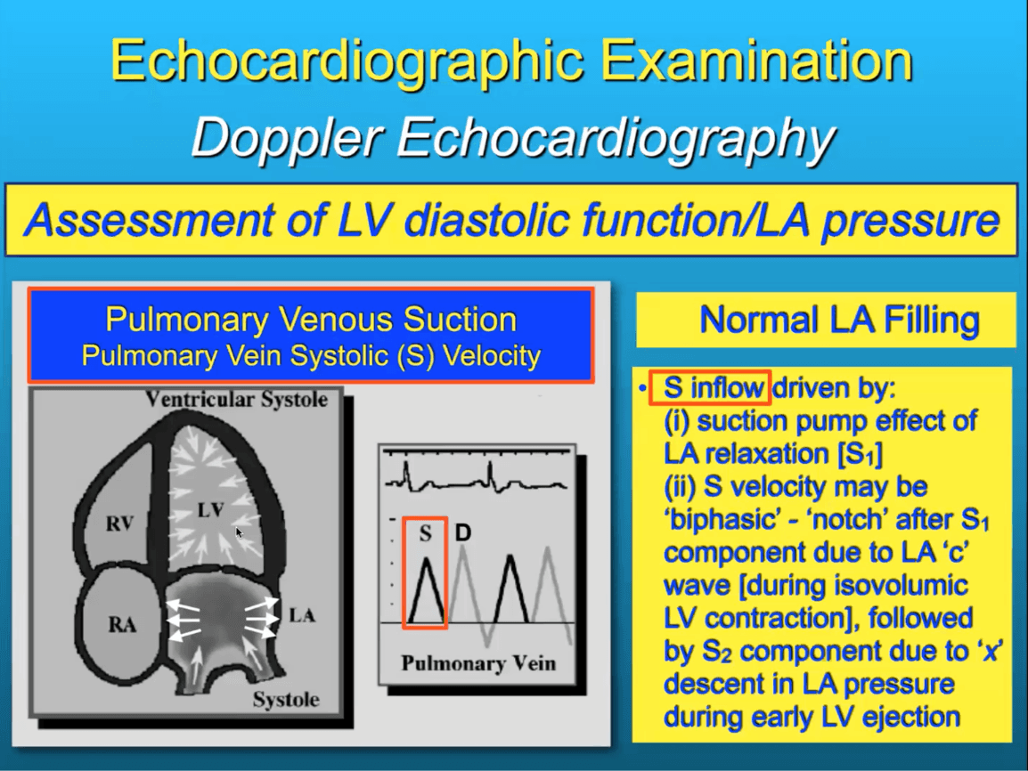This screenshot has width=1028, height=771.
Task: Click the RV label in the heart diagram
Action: (x=119, y=523)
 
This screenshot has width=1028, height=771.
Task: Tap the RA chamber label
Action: (x=122, y=624)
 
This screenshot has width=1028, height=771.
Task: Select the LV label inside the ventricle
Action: (x=210, y=509)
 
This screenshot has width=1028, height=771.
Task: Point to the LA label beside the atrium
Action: (x=302, y=615)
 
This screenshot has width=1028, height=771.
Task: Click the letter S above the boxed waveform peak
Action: (x=425, y=534)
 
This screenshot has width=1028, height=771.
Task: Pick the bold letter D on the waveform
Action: (x=463, y=532)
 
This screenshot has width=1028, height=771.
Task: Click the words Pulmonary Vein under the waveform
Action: (x=478, y=663)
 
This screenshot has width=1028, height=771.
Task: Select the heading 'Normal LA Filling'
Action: (x=839, y=321)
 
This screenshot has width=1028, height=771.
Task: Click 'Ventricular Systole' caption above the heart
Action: (x=236, y=400)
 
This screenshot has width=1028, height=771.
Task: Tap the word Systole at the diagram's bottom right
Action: (x=286, y=700)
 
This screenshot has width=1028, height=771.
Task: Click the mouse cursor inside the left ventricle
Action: (x=240, y=532)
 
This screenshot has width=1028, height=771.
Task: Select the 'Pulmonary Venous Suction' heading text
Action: (x=311, y=320)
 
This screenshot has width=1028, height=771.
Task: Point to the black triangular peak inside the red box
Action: (x=426, y=589)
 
